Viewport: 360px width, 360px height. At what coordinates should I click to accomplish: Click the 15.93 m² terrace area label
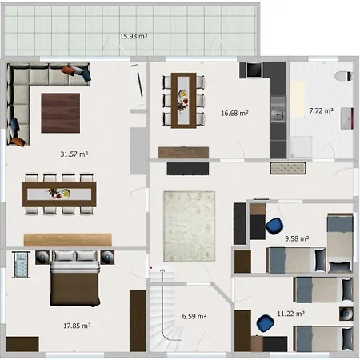point(134,36)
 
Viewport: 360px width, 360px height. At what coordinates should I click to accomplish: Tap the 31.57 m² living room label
point(74,154)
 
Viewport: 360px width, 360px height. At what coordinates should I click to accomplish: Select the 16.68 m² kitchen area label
point(234,113)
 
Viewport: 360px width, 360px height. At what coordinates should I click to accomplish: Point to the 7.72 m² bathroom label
point(321,110)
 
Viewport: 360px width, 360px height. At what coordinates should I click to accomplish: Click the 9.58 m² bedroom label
point(297,238)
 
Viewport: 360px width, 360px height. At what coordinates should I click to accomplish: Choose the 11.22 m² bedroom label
point(291,314)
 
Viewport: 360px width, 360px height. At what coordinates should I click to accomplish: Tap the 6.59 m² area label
point(194,316)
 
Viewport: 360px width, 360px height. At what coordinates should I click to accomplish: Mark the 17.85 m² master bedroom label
point(77,326)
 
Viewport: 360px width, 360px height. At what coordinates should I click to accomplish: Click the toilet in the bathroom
point(344,76)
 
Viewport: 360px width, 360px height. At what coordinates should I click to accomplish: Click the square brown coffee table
point(61,113)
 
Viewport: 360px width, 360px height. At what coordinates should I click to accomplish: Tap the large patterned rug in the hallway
point(189,226)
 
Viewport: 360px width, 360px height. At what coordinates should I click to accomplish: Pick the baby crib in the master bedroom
point(21,265)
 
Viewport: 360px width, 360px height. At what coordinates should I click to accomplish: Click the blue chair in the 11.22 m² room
point(265,323)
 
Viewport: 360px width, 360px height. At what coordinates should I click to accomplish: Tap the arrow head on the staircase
point(162,270)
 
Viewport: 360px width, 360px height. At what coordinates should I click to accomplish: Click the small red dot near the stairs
point(151,267)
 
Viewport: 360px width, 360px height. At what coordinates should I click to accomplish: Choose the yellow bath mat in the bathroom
point(298,99)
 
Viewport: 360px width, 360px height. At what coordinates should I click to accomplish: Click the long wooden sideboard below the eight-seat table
point(68,240)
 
